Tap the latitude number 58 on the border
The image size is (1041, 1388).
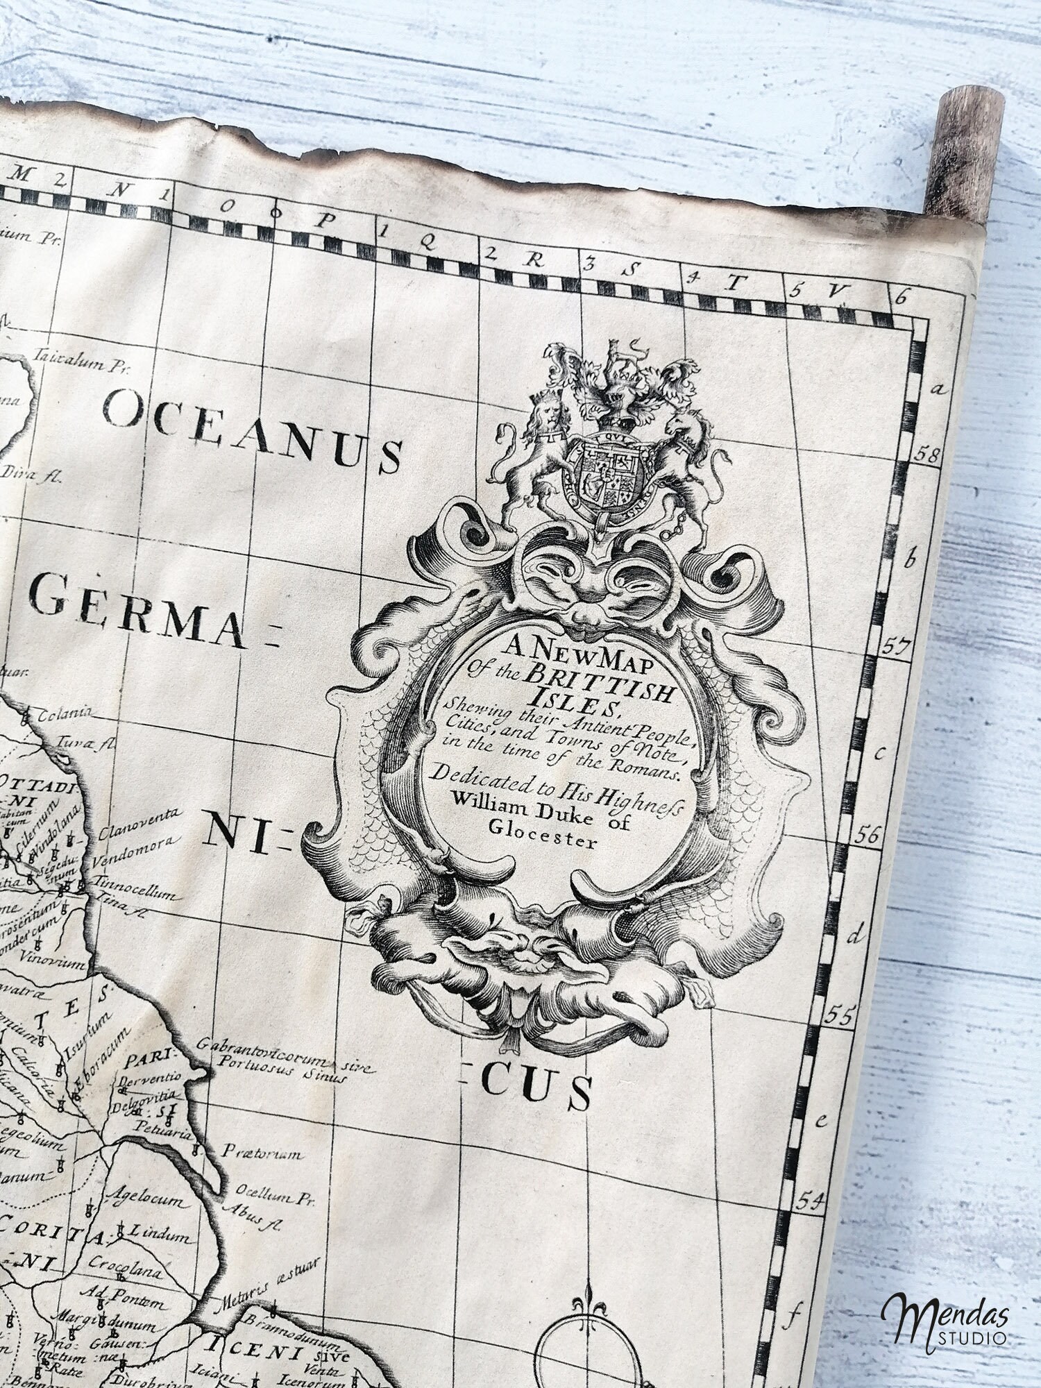point(927,455)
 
